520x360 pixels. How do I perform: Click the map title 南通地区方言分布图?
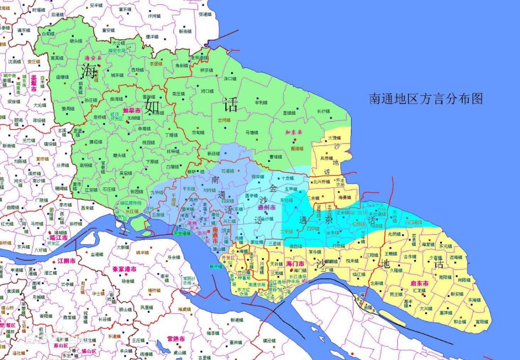point(426,99)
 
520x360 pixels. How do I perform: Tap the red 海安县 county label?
point(91,58)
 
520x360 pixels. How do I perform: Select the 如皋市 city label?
point(131,110)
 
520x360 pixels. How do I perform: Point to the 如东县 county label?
point(293,132)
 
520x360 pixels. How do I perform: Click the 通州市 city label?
point(266,207)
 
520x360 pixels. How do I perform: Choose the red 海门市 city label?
point(295,264)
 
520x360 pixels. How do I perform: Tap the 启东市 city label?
point(418,283)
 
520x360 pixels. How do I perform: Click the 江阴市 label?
point(66,261)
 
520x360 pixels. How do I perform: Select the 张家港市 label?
point(125,269)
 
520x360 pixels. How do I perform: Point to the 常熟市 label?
point(176,339)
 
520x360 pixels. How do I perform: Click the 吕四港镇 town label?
point(413,222)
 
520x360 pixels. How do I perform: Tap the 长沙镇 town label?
point(324,111)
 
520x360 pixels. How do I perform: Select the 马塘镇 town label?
point(251,132)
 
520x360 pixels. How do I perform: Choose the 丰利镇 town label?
point(261,102)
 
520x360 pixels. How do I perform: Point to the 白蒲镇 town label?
point(172,166)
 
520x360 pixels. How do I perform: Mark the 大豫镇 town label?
point(334,138)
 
